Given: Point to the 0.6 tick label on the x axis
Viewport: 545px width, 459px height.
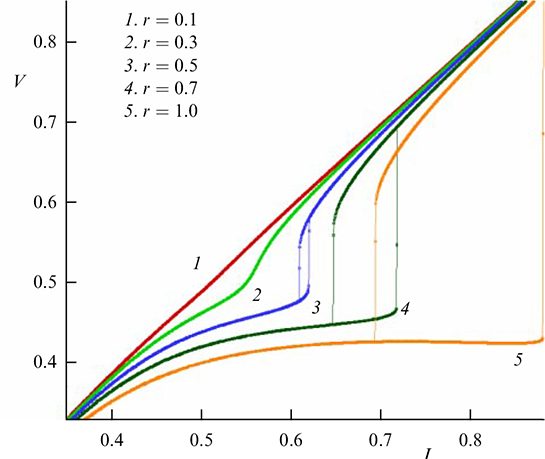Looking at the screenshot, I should pyautogui.click(x=291, y=437).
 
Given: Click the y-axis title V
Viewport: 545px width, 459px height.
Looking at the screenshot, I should pyautogui.click(x=20, y=77).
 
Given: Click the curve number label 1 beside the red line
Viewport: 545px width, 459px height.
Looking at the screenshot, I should pyautogui.click(x=198, y=264).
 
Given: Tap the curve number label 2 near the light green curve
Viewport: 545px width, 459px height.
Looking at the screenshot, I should pyautogui.click(x=256, y=295).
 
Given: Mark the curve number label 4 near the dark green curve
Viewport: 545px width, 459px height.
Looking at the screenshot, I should pyautogui.click(x=404, y=310).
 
